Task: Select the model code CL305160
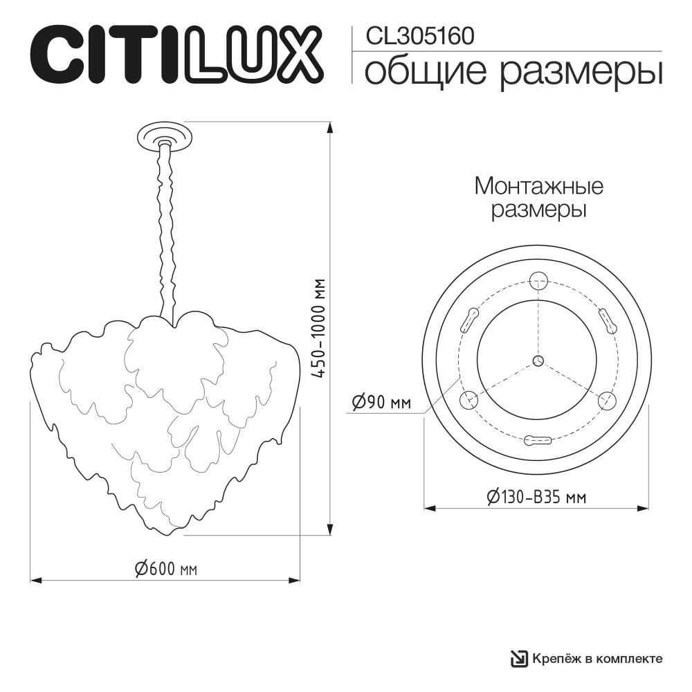point(419,36)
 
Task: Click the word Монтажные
point(538,186)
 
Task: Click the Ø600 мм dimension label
point(166,569)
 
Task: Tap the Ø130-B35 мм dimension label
point(537,497)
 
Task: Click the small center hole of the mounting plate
point(538,360)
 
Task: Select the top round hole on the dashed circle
point(538,280)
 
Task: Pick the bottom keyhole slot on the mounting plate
point(538,439)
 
